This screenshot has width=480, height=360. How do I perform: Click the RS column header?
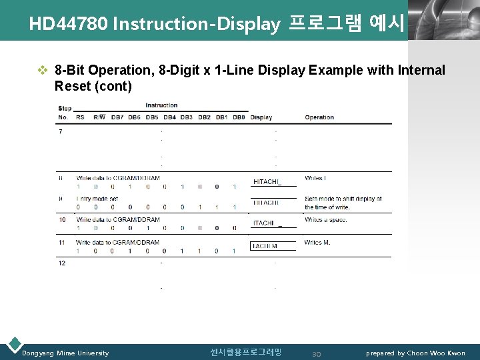point(80,117)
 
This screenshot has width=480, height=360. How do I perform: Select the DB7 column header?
point(117,117)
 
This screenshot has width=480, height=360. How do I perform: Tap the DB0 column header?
point(239,117)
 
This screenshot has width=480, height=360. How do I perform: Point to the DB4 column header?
point(169,117)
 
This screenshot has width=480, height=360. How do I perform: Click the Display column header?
point(261,117)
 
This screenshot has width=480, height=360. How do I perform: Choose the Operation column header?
point(319,117)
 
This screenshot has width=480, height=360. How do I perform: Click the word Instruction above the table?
point(161,105)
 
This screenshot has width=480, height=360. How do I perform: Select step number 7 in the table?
point(61,131)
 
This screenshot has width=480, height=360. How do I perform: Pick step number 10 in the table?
point(61,219)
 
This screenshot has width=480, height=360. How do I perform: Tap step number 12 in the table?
point(61,263)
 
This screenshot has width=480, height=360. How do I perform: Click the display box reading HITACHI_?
point(267,181)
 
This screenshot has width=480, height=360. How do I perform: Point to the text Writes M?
point(317,242)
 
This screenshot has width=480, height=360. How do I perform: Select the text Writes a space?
point(327,219)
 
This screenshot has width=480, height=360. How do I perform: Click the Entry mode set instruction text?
point(97,199)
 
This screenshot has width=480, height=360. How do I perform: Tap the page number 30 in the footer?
point(317,353)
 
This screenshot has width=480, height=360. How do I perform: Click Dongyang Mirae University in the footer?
point(65,353)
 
